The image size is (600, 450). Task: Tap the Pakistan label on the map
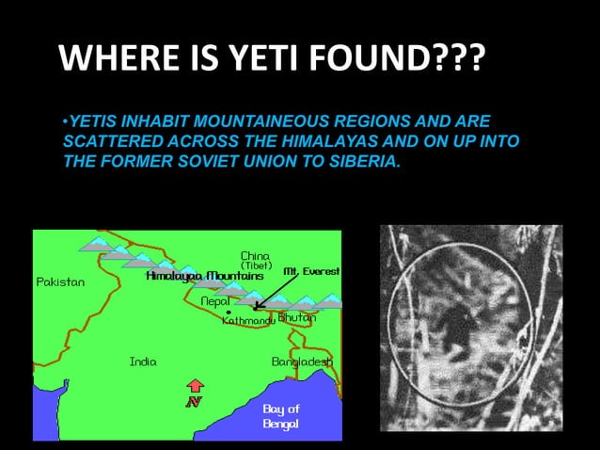click(60, 281)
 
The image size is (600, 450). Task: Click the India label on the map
click(143, 361)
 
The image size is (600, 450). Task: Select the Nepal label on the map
click(215, 301)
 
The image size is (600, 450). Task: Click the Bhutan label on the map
click(296, 318)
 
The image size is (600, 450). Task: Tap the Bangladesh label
click(301, 362)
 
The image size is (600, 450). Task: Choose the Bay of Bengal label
click(280, 416)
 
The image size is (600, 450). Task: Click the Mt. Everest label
click(311, 271)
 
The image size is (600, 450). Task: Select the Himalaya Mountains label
click(204, 277)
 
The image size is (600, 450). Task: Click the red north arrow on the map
click(195, 387)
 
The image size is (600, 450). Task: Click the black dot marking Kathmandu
click(229, 312)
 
